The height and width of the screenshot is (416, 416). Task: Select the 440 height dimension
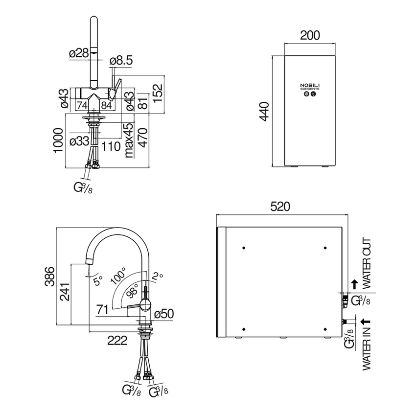[264, 112]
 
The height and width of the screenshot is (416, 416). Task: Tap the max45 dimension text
[128, 140]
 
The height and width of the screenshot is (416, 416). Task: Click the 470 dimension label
[142, 140]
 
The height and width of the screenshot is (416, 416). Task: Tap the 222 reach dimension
[117, 339]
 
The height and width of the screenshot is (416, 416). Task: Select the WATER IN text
[366, 348]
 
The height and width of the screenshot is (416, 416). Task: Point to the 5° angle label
[98, 281]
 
